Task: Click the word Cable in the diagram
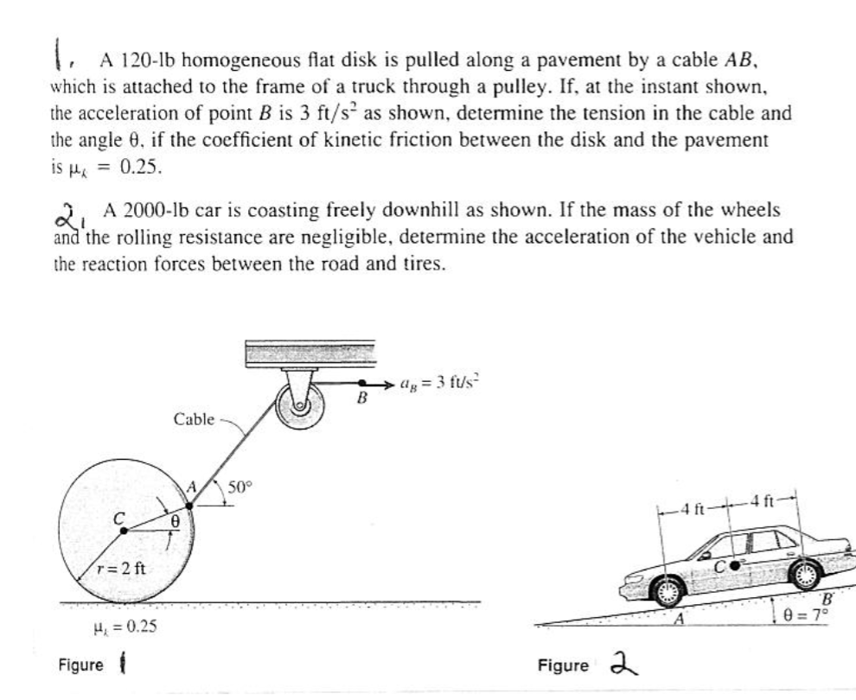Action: coord(194,419)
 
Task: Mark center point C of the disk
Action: coord(124,531)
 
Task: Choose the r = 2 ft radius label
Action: coord(120,568)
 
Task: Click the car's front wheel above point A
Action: coord(668,591)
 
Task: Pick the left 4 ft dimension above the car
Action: coord(694,507)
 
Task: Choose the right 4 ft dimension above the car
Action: coord(765,499)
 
